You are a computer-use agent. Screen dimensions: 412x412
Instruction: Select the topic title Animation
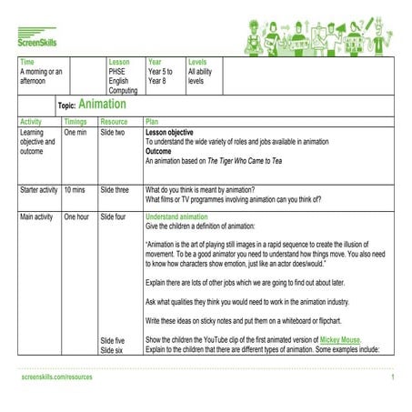click(x=102, y=106)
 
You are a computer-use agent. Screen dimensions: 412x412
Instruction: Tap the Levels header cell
click(x=197, y=61)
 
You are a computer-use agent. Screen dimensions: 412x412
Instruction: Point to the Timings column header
click(x=75, y=121)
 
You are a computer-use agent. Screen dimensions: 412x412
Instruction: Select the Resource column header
click(x=114, y=121)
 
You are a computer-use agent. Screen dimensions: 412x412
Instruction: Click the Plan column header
click(x=153, y=121)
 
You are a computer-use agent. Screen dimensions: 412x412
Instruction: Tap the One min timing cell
click(x=75, y=133)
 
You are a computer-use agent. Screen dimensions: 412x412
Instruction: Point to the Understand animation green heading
click(x=182, y=216)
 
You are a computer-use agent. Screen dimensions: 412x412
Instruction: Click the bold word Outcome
click(x=161, y=151)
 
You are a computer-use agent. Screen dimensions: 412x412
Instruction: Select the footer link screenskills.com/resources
click(x=56, y=377)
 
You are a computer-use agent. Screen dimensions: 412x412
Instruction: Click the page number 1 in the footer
click(x=392, y=377)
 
